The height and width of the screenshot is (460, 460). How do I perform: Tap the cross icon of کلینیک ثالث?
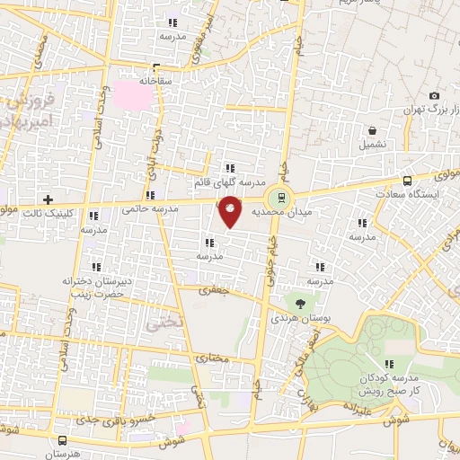click(x=49, y=199)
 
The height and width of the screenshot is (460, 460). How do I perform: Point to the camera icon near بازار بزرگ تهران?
click(x=435, y=96)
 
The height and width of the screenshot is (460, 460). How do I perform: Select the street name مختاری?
click(x=214, y=358)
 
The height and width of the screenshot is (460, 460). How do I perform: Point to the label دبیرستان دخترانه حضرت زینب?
click(x=97, y=287)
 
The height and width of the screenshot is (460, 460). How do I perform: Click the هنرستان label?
click(x=63, y=455)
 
